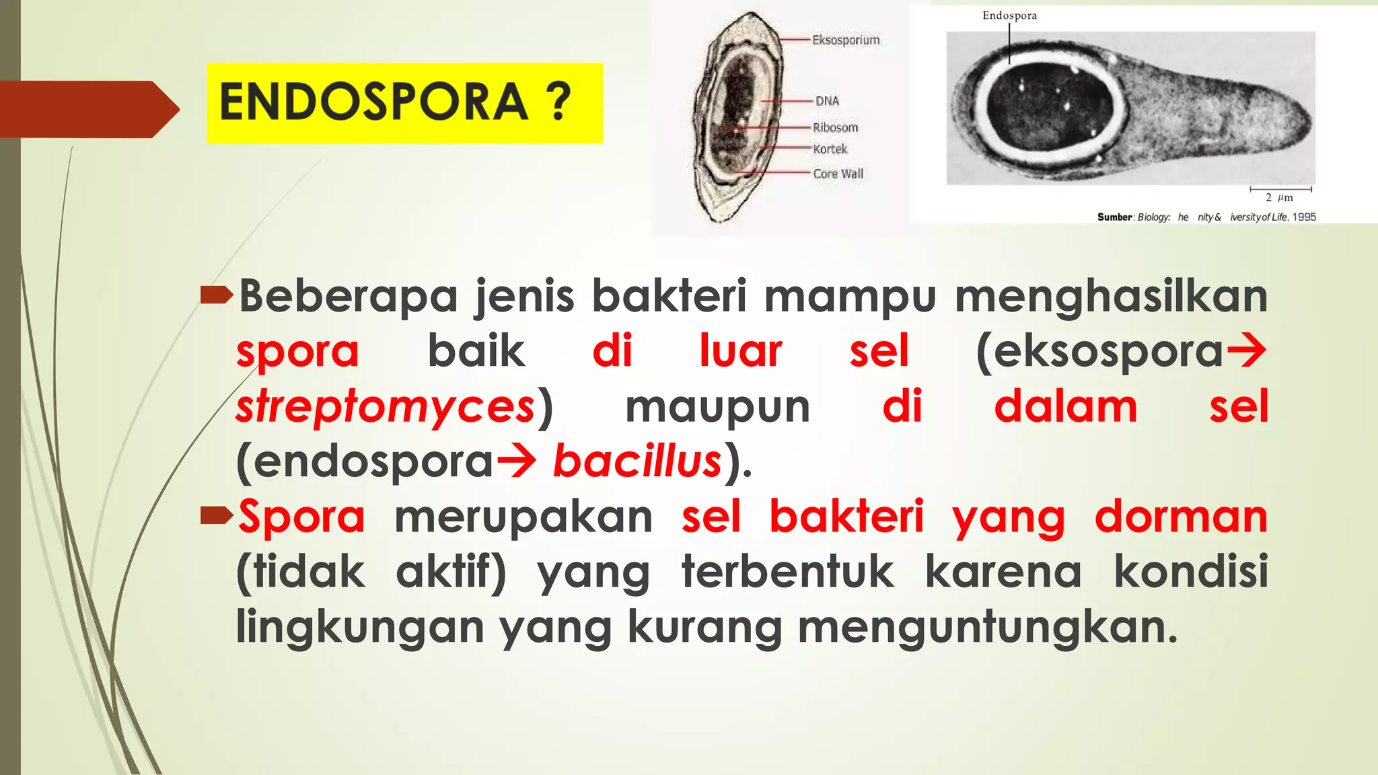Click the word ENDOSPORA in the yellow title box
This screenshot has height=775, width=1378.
point(374,102)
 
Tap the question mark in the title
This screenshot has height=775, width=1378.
point(558,102)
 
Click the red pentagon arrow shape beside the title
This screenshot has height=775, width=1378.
point(87,109)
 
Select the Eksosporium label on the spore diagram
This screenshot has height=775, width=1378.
point(846,40)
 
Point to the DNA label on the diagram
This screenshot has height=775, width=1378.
point(827,101)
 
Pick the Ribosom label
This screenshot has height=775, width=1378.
point(835,128)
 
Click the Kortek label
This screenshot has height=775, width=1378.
point(830,149)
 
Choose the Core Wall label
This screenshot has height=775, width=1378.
point(838,174)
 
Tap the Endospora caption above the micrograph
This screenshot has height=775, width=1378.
point(1009,15)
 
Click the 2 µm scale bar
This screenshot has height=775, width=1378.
point(1280,190)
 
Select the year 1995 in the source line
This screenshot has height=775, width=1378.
point(1304,217)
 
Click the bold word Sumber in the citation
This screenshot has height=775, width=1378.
point(1114,217)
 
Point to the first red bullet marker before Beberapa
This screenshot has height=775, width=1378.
point(216,295)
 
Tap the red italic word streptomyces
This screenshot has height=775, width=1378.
point(386,407)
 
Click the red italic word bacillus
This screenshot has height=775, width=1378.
point(637,462)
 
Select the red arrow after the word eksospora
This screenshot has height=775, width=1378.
point(1247,351)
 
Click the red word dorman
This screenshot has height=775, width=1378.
point(1181,517)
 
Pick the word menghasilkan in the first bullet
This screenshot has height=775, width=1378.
point(1111,297)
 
